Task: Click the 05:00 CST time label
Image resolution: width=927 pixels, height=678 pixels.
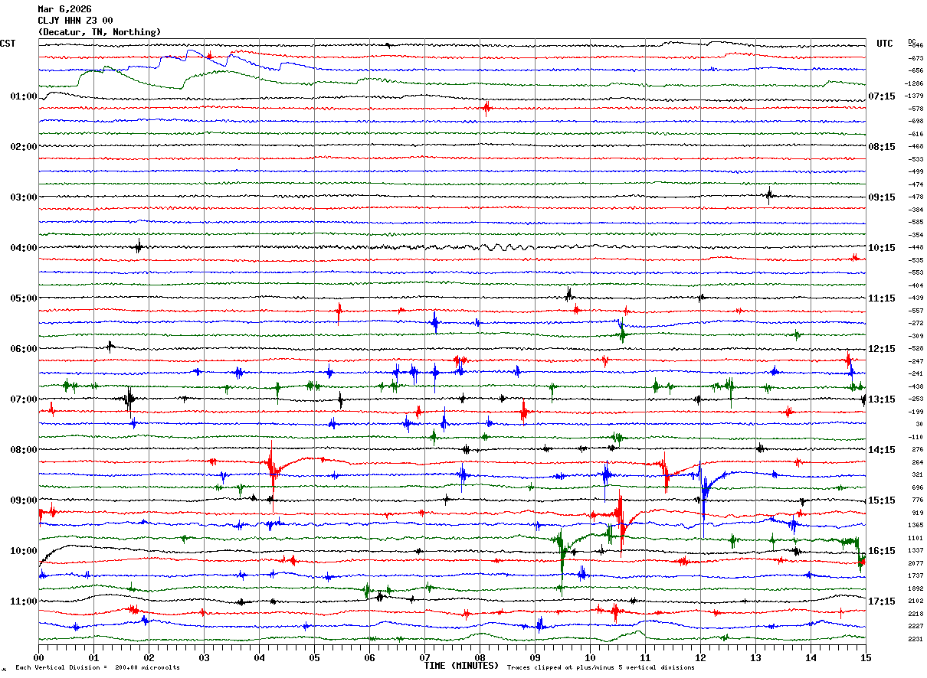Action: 24,298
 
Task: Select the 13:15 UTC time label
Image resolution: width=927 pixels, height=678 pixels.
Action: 882,399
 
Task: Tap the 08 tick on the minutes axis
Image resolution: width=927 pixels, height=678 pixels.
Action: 480,657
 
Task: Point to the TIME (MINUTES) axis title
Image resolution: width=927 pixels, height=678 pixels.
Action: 461,666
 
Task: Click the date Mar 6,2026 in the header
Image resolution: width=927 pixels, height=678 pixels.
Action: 64,9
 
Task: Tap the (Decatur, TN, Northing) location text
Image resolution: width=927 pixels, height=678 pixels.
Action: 100,32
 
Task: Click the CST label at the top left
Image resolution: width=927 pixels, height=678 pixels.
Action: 8,44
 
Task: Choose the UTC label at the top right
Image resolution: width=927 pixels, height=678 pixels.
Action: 884,44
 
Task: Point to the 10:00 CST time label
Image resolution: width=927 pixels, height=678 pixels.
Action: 24,551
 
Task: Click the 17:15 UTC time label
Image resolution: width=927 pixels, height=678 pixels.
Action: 882,601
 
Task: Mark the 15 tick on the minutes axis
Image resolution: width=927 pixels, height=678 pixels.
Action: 865,657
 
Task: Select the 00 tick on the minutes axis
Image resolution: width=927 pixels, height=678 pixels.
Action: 38,657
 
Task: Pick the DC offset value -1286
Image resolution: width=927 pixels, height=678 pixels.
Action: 915,83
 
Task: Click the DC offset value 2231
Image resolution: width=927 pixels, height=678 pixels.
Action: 916,639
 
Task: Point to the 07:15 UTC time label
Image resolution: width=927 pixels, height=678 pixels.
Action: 882,96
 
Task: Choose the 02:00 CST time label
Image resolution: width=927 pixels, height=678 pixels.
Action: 24,147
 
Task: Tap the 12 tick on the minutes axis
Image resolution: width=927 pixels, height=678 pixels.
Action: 700,657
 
